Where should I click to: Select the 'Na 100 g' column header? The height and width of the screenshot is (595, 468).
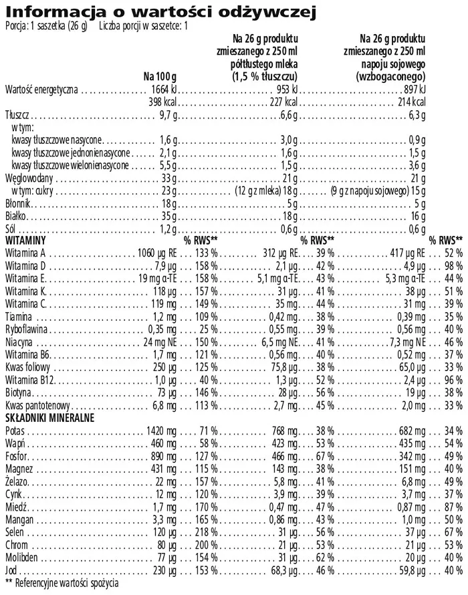[160, 76]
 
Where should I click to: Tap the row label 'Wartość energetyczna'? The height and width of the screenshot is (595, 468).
[41, 89]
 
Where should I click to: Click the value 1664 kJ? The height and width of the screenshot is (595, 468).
[161, 89]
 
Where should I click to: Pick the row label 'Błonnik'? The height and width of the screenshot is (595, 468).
[18, 204]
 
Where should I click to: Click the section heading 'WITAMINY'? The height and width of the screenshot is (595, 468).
[25, 240]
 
